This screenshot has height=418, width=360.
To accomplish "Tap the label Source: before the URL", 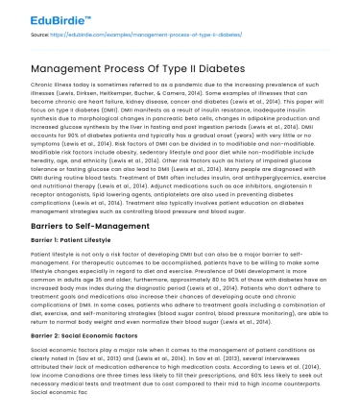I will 39,34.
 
